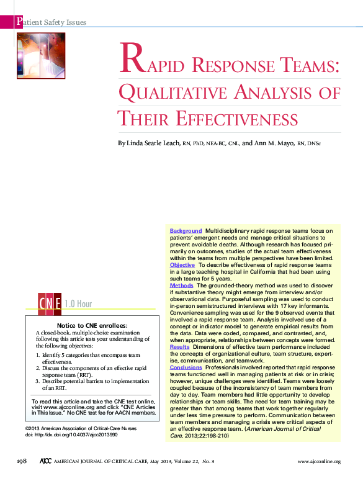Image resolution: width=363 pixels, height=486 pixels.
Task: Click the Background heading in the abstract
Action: [186, 231]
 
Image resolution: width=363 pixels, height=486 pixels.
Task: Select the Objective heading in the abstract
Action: [182, 264]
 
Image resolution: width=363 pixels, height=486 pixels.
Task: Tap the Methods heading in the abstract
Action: [182, 285]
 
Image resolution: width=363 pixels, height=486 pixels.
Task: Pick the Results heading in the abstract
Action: [180, 346]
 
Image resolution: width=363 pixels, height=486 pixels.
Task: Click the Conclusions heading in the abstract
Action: [186, 367]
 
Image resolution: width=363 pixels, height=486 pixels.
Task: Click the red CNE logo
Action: [50, 304]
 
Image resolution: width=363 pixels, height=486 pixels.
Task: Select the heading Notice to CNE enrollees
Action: [92, 325]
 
